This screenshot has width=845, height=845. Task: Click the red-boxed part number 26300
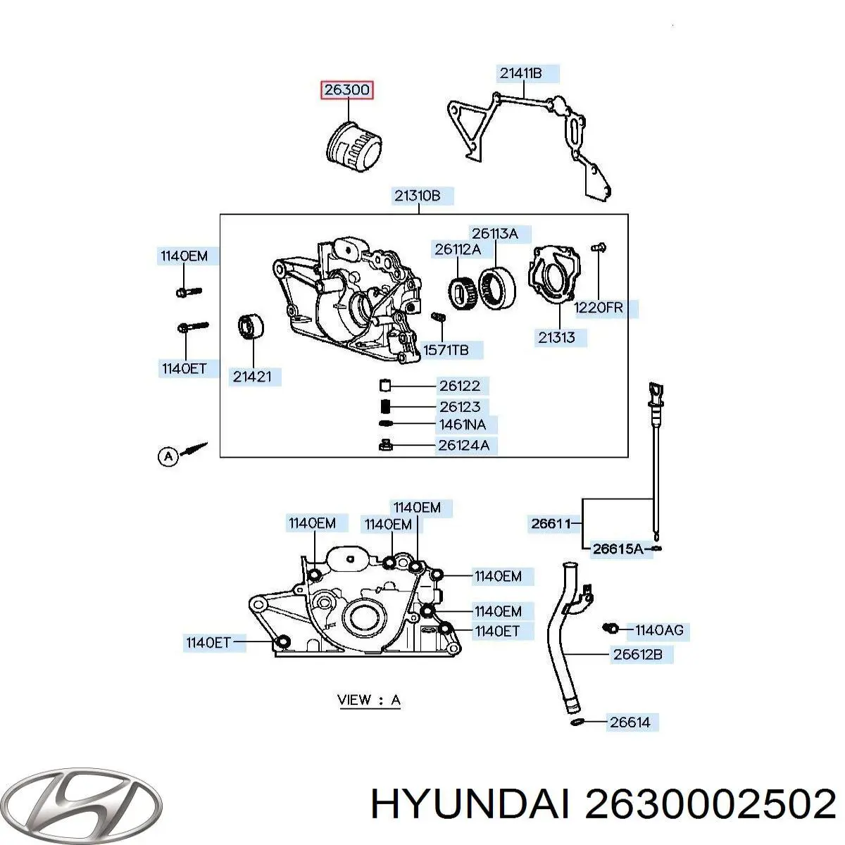click(346, 90)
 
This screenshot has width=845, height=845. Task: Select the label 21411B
click(521, 73)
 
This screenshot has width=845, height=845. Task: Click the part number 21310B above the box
click(417, 196)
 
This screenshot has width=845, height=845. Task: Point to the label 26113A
click(495, 234)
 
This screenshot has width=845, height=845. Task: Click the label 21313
click(556, 337)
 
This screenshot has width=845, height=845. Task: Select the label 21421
click(251, 377)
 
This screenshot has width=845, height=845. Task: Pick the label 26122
click(460, 386)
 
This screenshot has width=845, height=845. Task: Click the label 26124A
click(463, 445)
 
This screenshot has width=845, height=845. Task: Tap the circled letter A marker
click(168, 456)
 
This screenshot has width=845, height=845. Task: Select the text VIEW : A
click(369, 700)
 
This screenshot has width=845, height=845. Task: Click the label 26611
click(551, 523)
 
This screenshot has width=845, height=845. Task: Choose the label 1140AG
click(659, 630)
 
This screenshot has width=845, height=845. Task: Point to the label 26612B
click(637, 654)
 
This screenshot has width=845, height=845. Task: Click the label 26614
click(630, 721)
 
